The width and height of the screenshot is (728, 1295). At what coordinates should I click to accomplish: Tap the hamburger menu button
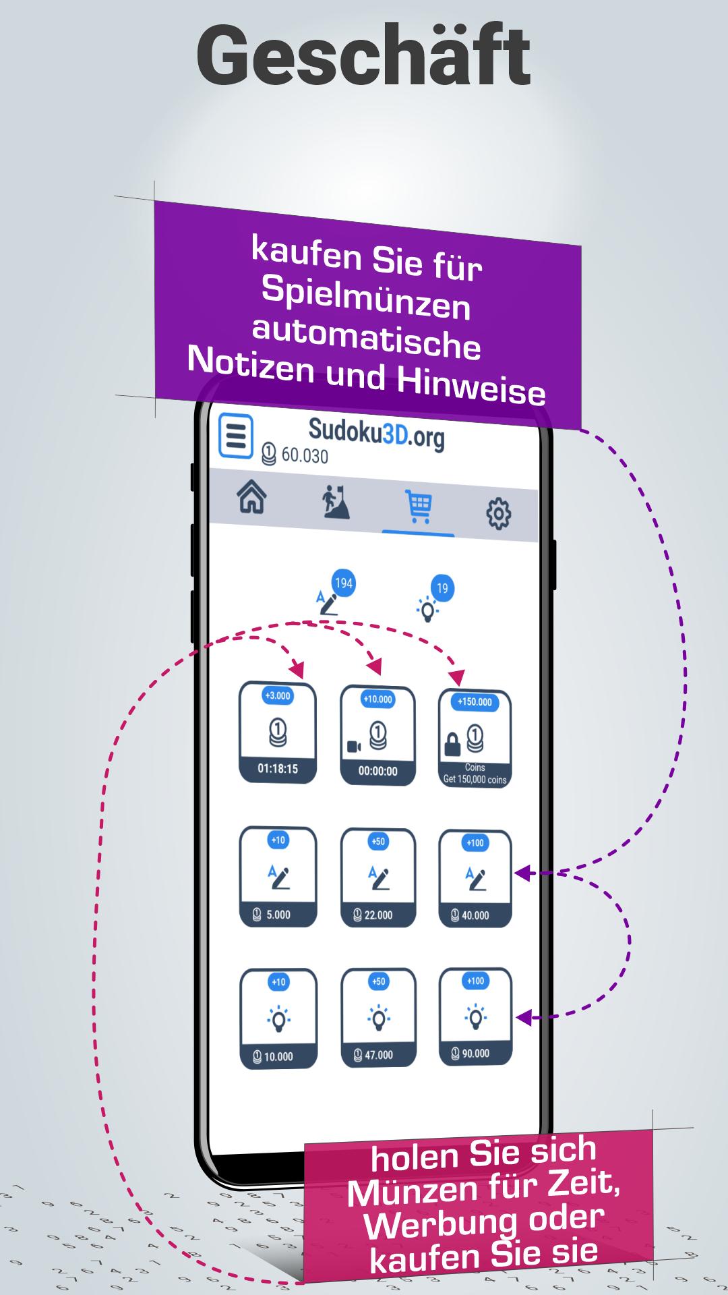[236, 436]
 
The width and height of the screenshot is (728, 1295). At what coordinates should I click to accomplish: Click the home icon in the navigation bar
[251, 497]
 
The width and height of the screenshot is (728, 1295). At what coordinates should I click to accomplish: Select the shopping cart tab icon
[419, 507]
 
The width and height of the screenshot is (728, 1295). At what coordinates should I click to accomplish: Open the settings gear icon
[499, 514]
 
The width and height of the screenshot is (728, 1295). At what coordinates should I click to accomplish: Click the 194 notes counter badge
[344, 583]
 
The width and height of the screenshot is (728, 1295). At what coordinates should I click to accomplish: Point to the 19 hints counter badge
[442, 588]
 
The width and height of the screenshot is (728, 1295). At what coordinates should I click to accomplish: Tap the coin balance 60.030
[295, 455]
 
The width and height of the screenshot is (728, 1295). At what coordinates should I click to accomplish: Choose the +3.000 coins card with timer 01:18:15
[278, 732]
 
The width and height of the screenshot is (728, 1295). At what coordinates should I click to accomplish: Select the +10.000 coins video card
[377, 736]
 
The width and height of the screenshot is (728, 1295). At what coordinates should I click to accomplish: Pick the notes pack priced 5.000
[278, 876]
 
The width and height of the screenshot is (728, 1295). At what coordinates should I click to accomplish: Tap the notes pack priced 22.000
[378, 877]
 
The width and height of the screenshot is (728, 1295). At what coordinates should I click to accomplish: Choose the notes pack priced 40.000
[475, 879]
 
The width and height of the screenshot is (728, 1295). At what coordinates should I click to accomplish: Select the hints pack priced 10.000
[278, 1018]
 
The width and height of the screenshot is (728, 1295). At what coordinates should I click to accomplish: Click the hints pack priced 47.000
[379, 1018]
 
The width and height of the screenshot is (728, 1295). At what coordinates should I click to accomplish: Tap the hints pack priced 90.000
[475, 1016]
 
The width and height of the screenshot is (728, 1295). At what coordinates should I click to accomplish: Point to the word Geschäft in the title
[364, 57]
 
